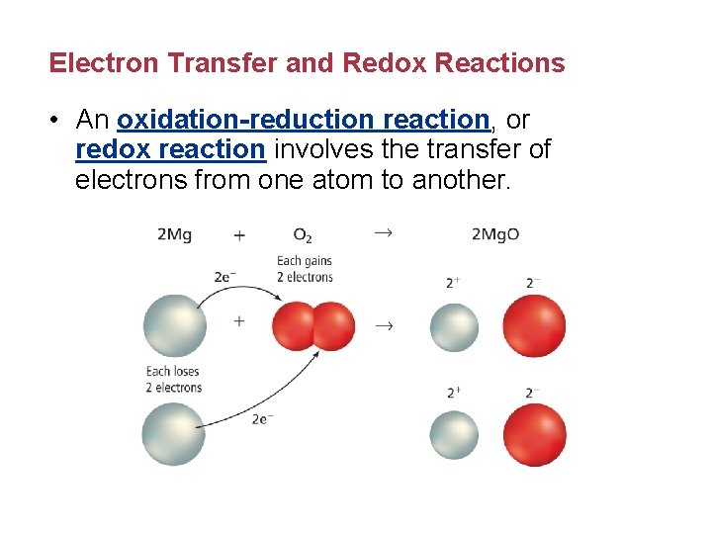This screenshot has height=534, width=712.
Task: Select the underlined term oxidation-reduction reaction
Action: point(303,120)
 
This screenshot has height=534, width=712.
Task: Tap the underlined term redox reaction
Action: point(170,149)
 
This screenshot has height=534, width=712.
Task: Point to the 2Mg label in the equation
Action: point(174,234)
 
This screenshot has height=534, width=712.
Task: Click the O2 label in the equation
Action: point(303,235)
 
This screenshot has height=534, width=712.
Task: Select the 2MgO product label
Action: point(494,234)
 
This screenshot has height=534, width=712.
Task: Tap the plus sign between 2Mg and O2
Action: point(239,234)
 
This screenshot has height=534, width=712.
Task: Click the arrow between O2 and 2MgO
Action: point(382,232)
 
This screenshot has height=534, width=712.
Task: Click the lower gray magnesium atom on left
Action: point(173,434)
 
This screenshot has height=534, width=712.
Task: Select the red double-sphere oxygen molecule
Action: point(312,326)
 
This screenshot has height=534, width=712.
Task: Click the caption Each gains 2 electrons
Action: point(305,269)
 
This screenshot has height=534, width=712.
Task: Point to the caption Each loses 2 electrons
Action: point(173,380)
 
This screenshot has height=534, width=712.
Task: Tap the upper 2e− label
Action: point(225,277)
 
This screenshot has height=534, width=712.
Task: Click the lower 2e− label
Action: point(262,418)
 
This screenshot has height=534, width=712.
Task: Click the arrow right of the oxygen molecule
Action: point(382,325)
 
